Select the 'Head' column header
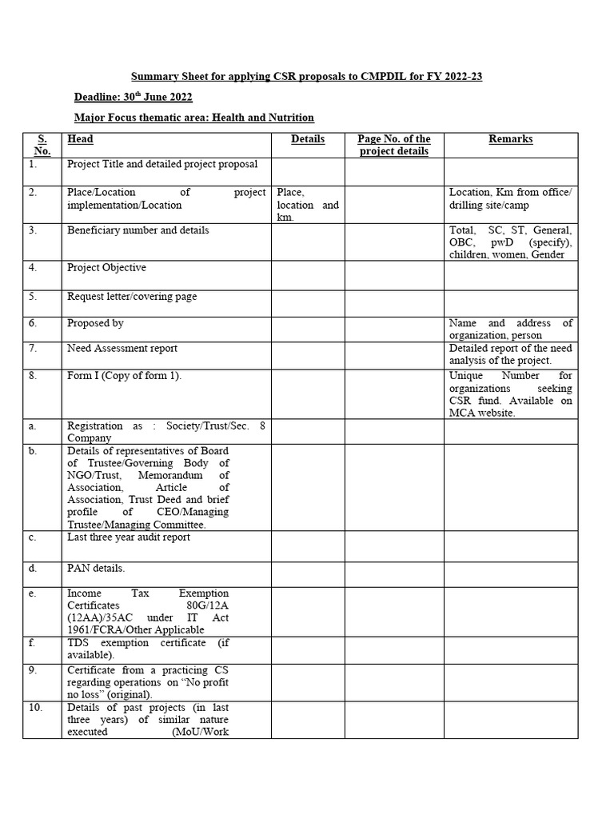tap(80, 139)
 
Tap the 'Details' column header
tap(308, 139)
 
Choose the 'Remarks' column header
tap(510, 139)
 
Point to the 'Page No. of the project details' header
tap(394, 145)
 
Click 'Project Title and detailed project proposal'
tap(162, 165)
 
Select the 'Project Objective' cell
tap(106, 268)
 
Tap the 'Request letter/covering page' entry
tap(132, 297)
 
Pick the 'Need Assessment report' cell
tap(122, 349)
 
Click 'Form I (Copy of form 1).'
tap(124, 376)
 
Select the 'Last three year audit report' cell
tap(129, 537)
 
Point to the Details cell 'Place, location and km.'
tap(308, 205)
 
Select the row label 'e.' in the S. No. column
tap(32, 593)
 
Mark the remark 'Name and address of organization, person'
tap(510, 330)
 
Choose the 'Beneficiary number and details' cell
tap(138, 230)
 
